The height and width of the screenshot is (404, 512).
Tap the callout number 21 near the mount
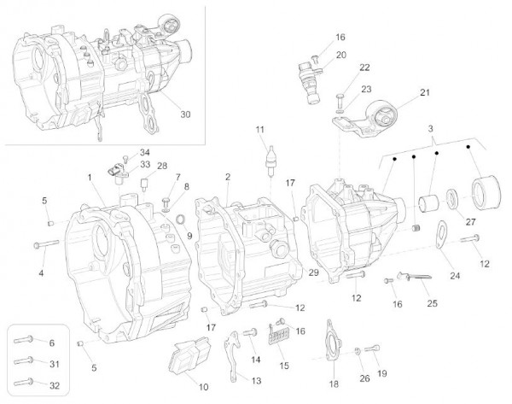click(x=424, y=93)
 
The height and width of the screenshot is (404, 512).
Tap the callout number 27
click(x=468, y=221)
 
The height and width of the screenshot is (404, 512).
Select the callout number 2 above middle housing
click(x=227, y=177)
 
